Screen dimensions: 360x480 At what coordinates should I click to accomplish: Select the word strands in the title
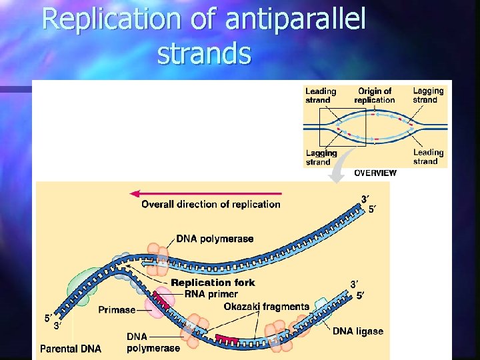coord(204,54)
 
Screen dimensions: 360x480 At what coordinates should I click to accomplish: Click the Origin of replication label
coord(374,95)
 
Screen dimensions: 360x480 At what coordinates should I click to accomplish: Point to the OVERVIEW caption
coord(375,173)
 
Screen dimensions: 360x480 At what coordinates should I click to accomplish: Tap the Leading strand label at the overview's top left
coord(321,95)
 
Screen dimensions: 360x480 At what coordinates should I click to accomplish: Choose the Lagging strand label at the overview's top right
coord(428,95)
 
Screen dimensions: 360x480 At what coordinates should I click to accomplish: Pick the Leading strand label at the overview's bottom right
coord(428,157)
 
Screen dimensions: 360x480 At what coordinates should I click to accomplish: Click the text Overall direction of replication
coord(211,204)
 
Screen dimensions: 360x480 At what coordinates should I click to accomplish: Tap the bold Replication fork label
coord(213,283)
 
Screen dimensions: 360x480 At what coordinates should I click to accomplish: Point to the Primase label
coord(117,309)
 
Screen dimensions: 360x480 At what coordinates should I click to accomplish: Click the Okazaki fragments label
coord(267,307)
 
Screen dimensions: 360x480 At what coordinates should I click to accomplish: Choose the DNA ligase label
coord(358,331)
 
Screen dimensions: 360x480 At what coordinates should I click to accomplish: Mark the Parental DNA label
coord(71,348)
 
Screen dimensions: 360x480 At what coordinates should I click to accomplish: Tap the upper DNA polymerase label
coord(215,239)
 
